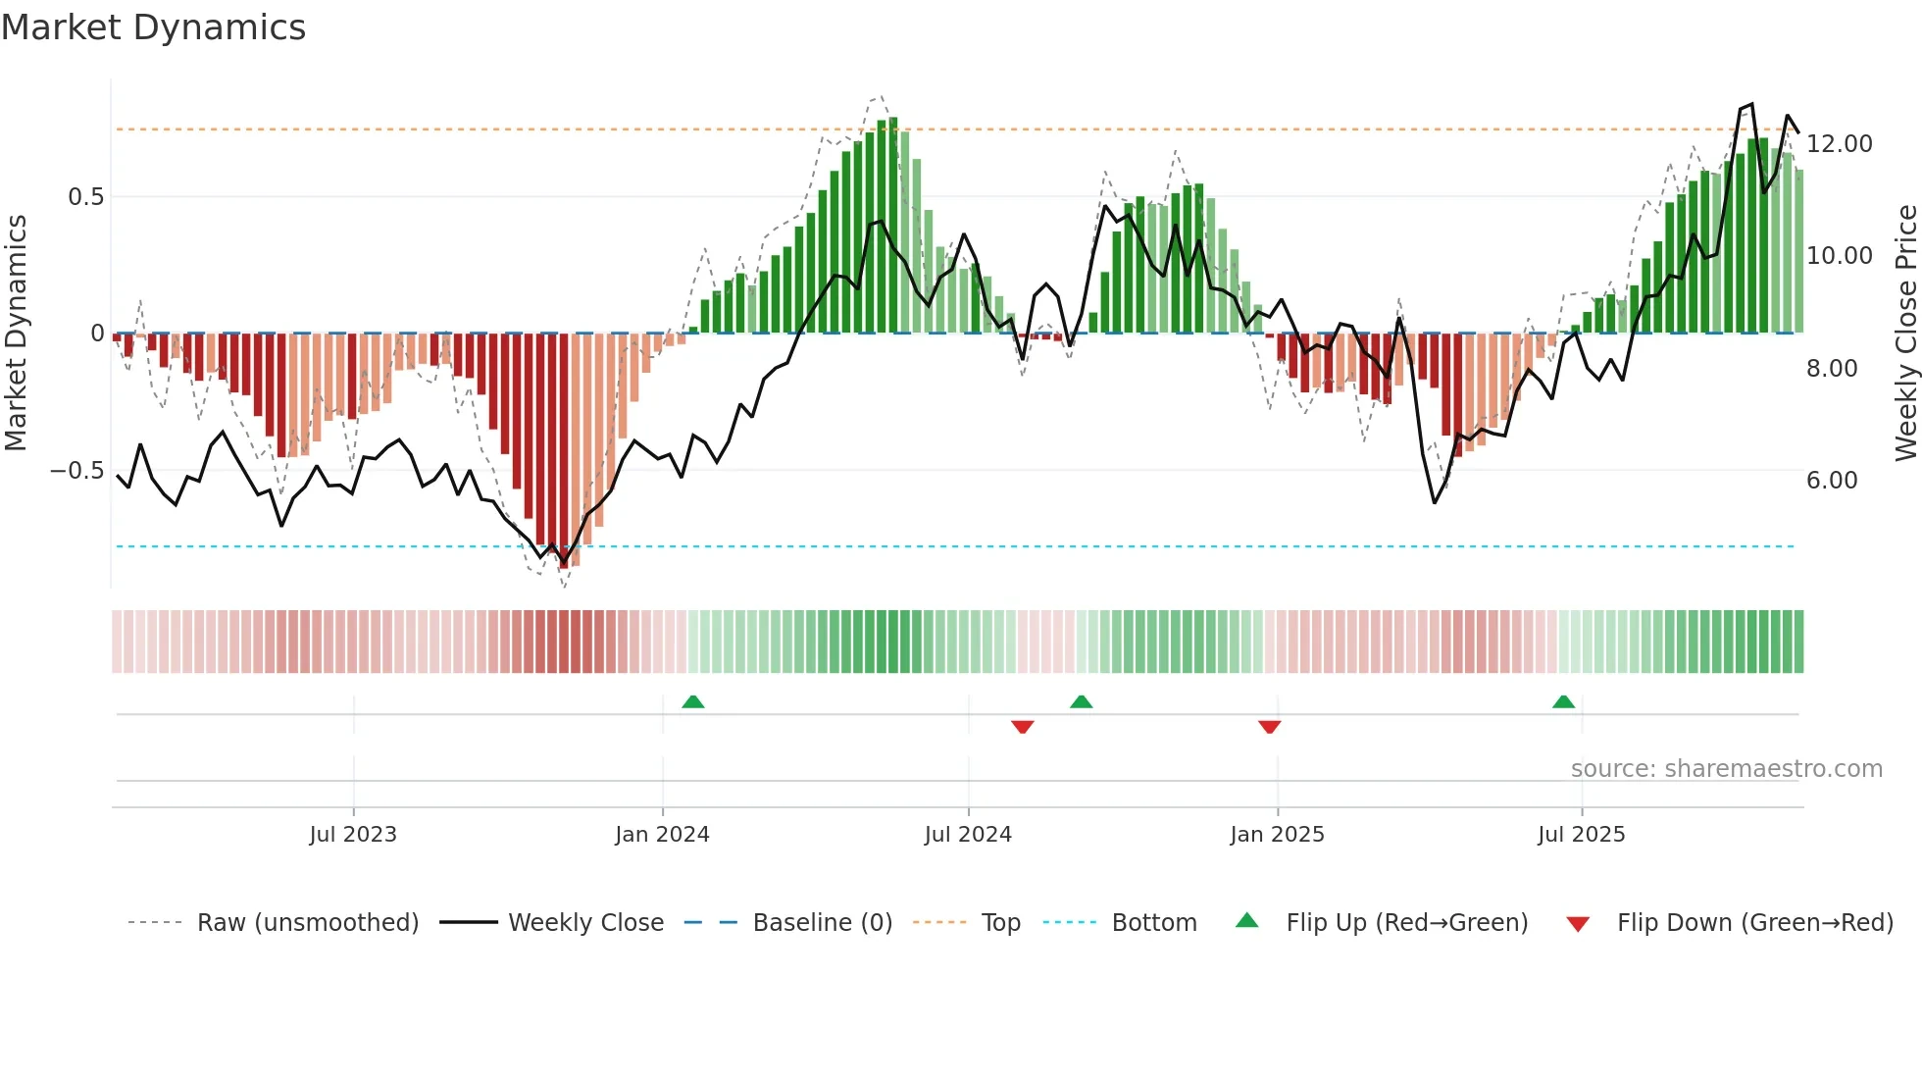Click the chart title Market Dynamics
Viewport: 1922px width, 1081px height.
(x=154, y=27)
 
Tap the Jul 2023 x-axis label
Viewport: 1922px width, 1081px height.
(x=353, y=835)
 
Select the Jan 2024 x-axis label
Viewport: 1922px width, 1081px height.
(x=662, y=835)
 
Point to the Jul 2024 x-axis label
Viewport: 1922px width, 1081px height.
(x=968, y=835)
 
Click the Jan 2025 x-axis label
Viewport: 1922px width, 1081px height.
(x=1277, y=835)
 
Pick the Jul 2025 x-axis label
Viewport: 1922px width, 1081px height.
(x=1581, y=835)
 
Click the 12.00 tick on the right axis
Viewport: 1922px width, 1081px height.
(x=1840, y=144)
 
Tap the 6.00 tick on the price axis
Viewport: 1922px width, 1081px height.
(x=1832, y=481)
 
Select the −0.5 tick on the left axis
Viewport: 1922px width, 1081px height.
(x=76, y=471)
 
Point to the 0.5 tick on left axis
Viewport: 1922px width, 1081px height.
(x=85, y=197)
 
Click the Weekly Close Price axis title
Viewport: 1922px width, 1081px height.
(x=1905, y=334)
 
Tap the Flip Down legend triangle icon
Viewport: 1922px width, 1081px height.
(x=1578, y=924)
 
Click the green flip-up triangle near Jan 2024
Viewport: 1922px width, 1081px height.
(x=693, y=702)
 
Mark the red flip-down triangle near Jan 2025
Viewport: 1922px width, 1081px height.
(x=1269, y=727)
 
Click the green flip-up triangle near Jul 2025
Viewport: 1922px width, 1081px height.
(x=1563, y=702)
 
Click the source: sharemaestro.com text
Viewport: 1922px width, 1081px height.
(x=1726, y=769)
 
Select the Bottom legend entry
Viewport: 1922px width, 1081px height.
(x=1153, y=923)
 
